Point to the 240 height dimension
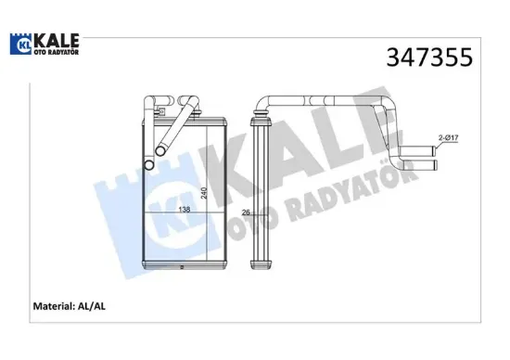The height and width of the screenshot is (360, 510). click(x=202, y=197)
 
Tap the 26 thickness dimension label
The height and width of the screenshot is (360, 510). click(x=246, y=213)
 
